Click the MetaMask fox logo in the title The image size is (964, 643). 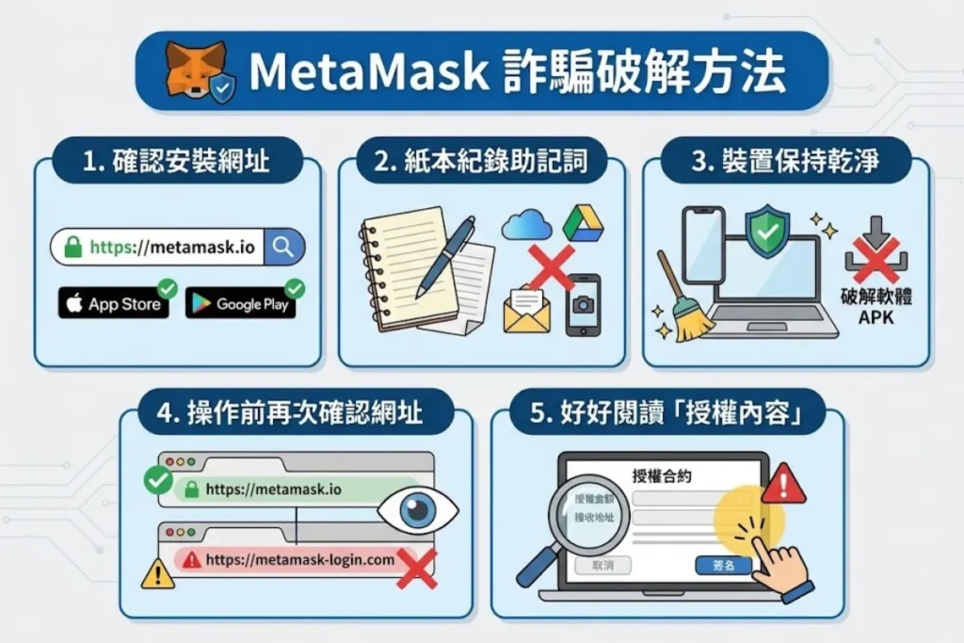pos(194,71)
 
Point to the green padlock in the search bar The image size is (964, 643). pos(72,248)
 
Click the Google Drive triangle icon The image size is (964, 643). pos(581,222)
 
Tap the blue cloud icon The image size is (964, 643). pos(524,226)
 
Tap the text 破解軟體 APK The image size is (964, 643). pos(876,307)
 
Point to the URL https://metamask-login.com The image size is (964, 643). pos(299,559)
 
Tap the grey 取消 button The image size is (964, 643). pos(602,565)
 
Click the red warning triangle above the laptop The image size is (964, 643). pos(782,484)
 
